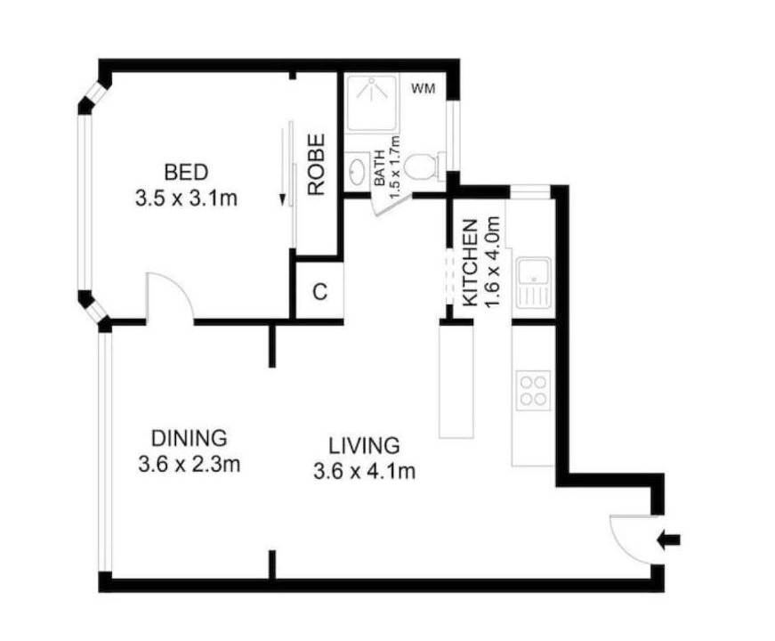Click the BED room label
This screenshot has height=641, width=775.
186,173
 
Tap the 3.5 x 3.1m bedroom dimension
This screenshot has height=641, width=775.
186,199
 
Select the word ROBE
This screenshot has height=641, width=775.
317,165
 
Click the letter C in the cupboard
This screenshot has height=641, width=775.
320,292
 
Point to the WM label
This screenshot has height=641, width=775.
424,89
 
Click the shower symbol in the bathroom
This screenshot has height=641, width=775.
372,102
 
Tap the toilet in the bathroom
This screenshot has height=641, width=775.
423,166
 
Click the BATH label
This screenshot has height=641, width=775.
380,168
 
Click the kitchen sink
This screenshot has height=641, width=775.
533,281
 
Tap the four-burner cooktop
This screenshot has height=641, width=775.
533,390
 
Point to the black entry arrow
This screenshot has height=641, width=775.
669,540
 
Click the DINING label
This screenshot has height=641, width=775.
190,438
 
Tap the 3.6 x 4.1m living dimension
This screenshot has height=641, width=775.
364,471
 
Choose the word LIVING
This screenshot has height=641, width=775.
364,446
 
